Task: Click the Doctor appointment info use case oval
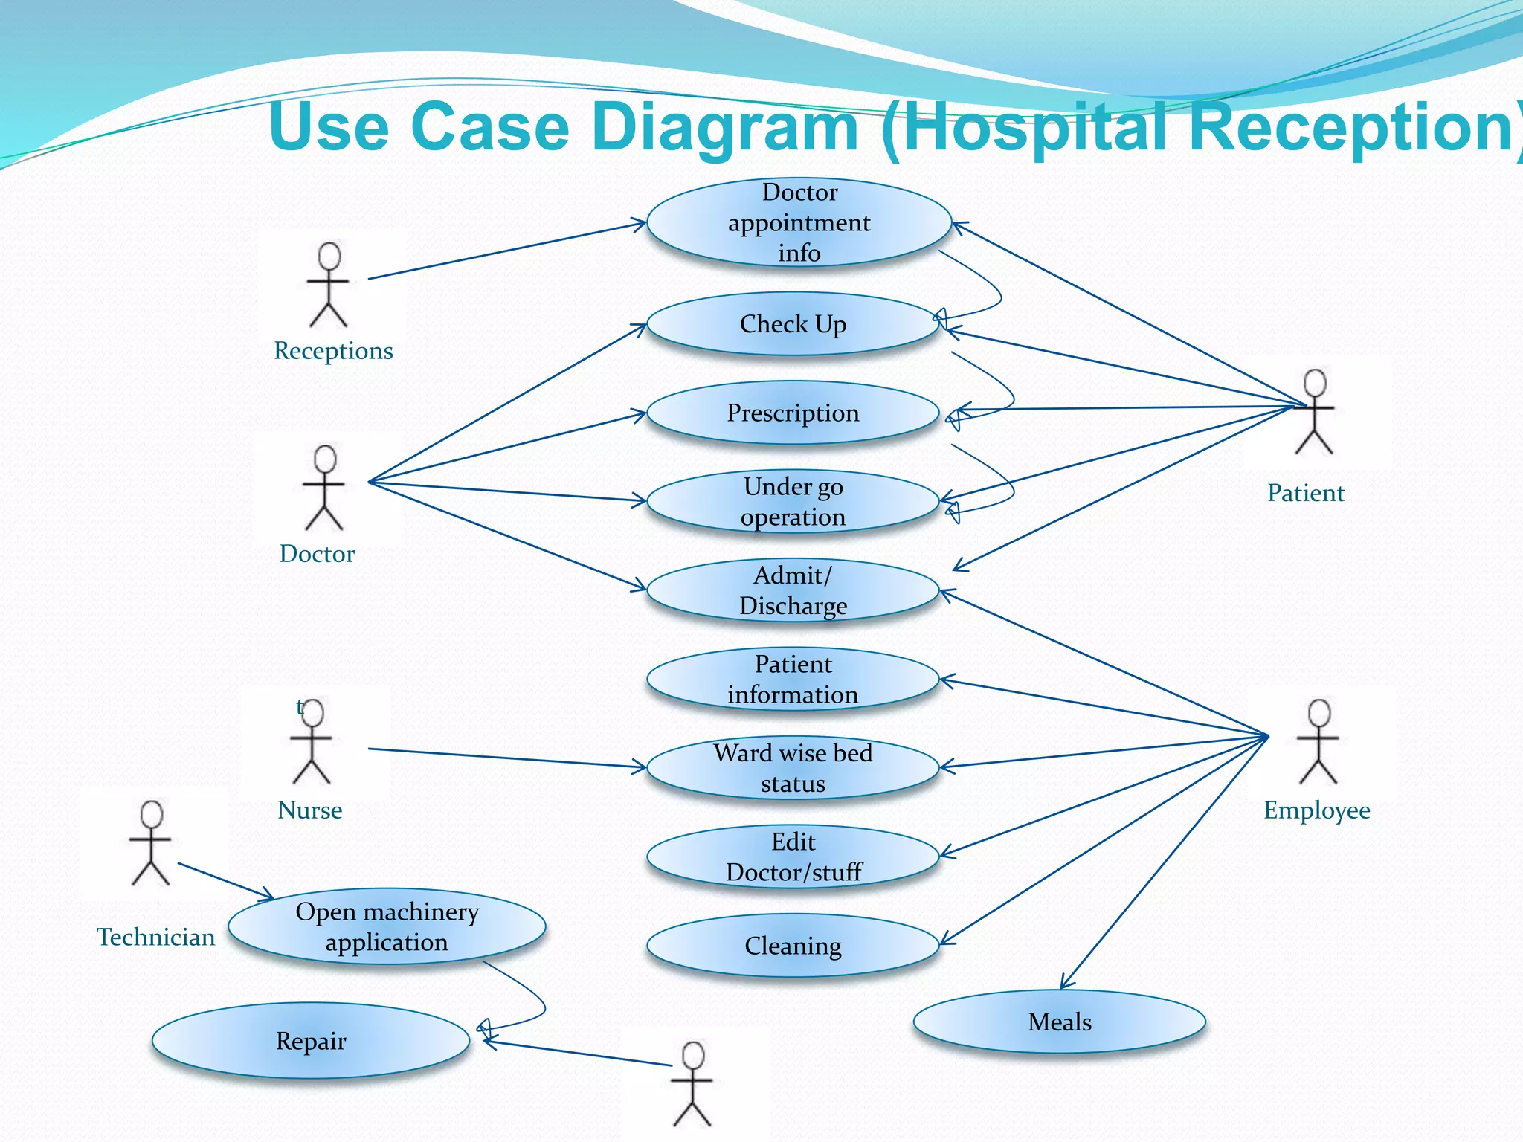tap(799, 222)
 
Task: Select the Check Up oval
tap(793, 324)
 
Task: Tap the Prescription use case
tap(793, 413)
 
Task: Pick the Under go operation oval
tap(793, 502)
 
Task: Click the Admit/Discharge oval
tap(793, 590)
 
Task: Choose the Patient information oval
tap(793, 680)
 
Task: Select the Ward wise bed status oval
tap(793, 768)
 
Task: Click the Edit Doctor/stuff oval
tap(793, 857)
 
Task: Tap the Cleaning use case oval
tap(793, 946)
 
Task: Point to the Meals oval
tap(1059, 1022)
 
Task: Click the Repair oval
tap(311, 1041)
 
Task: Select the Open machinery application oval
tap(387, 926)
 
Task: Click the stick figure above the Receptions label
tap(328, 285)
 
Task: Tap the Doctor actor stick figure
tap(323, 488)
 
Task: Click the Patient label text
tap(1306, 493)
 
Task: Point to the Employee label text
tap(1316, 810)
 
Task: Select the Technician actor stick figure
tap(151, 843)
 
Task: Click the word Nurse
tap(309, 810)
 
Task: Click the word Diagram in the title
tap(725, 127)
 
